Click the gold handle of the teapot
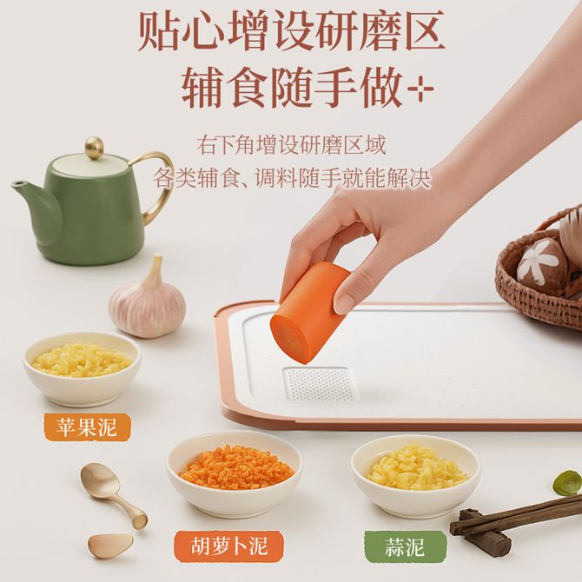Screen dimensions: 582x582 point(154,187)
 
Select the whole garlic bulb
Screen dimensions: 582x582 point(147,300)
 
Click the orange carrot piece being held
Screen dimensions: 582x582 point(311,311)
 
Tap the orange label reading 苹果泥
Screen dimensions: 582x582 point(87,427)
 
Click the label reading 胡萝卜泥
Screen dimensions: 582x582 point(229,546)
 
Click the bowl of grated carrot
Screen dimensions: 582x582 point(235,474)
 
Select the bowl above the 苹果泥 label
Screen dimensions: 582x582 point(82,368)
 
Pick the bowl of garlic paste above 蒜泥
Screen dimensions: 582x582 point(416,476)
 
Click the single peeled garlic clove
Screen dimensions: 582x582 point(110,546)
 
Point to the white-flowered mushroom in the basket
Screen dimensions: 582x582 point(540,261)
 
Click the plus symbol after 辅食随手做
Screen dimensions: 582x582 point(420,89)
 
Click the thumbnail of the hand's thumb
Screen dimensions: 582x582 point(341,305)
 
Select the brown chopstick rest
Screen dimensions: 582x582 point(479,528)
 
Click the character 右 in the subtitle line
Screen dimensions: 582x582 point(207,145)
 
